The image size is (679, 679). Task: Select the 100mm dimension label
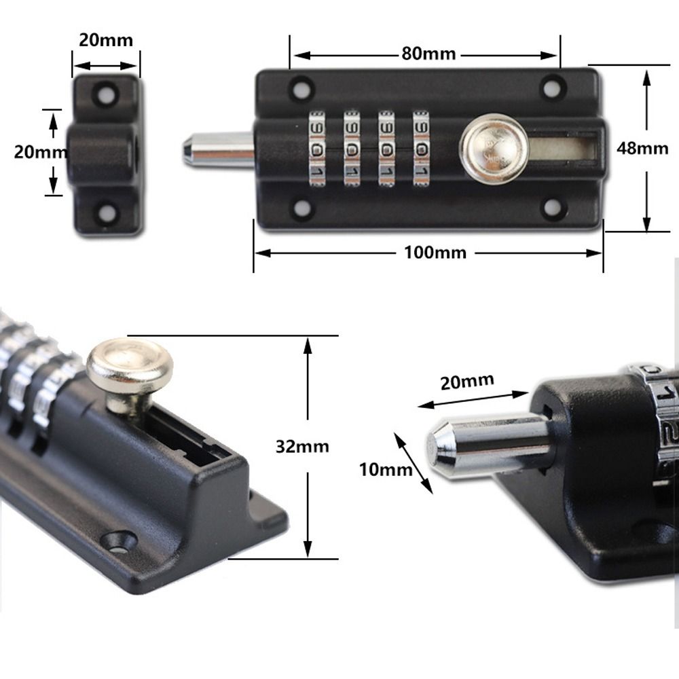click(435, 253)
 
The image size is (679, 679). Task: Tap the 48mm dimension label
click(642, 147)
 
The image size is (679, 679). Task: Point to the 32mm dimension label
click(302, 445)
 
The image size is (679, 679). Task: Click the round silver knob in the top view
click(494, 147)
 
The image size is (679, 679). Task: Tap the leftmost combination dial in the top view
click(316, 148)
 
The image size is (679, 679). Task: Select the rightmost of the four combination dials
click(422, 148)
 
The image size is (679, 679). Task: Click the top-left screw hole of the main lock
click(299, 88)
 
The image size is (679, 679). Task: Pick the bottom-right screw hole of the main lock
click(553, 208)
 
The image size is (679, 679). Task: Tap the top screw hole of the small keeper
click(105, 93)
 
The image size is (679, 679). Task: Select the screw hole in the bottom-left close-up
click(118, 540)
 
